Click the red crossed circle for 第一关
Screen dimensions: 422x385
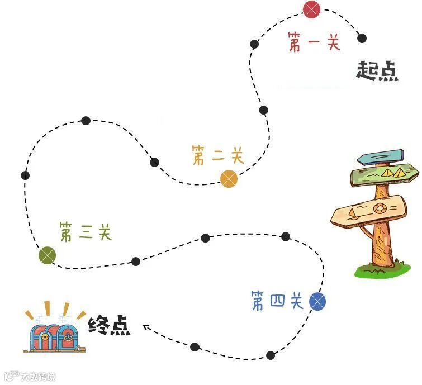click(312, 9)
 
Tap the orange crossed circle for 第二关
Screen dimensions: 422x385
click(229, 179)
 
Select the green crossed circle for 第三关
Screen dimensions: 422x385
click(48, 255)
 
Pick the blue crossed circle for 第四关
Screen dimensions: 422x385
click(317, 302)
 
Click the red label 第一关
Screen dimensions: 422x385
click(314, 42)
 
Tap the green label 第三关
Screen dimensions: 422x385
click(86, 231)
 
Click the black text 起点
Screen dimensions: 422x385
click(378, 71)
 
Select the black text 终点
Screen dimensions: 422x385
click(110, 326)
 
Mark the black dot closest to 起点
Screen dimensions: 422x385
click(362, 38)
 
